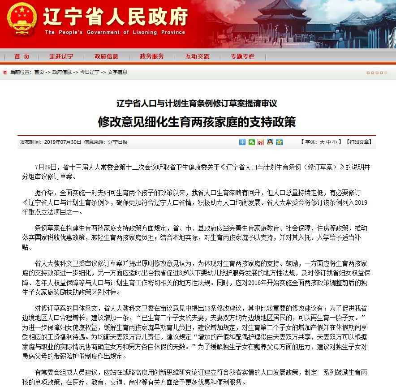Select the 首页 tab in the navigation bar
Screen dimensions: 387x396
pyautogui.click(x=22, y=56)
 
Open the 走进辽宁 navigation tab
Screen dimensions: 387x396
pyautogui.click(x=61, y=56)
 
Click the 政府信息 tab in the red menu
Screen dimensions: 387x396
pyautogui.click(x=106, y=56)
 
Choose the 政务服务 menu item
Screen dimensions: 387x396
pyautogui.click(x=152, y=56)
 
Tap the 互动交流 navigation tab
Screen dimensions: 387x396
pyautogui.click(x=197, y=56)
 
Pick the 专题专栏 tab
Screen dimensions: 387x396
pyautogui.click(x=242, y=56)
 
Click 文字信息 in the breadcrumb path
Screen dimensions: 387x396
pyautogui.click(x=117, y=72)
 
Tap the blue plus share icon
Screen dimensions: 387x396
pyautogui.click(x=242, y=142)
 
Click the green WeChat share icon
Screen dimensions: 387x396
pyautogui.click(x=252, y=142)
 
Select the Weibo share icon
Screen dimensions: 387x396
pyautogui.click(x=261, y=142)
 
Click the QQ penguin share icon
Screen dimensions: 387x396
pyautogui.click(x=270, y=142)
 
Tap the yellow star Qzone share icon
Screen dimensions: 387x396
pyautogui.click(x=279, y=142)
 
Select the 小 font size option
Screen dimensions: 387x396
pyautogui.click(x=335, y=142)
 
